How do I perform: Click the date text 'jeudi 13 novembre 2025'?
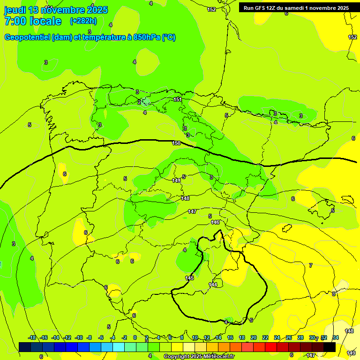56,10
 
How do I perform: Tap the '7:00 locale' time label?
33,21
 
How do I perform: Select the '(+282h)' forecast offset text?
83,21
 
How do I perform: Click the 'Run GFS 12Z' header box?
296,7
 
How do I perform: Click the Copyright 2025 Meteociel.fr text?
199,357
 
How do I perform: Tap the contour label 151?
178,99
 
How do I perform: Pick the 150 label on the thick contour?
176,143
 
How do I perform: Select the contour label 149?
176,180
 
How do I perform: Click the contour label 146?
215,222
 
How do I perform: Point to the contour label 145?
189,278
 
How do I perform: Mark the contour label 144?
213,285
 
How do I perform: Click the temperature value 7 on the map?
310,265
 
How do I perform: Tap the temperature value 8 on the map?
334,294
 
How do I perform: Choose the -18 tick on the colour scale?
32,337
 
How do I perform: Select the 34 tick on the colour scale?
336,337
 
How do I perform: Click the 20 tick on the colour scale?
254,337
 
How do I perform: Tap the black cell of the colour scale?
330,347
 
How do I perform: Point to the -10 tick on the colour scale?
79,337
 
